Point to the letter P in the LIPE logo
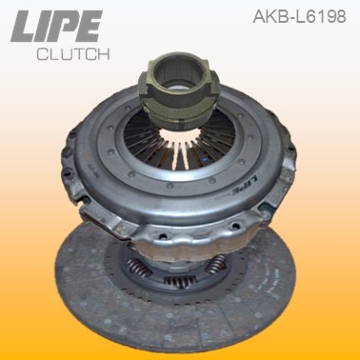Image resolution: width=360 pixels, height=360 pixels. (x=70, y=26)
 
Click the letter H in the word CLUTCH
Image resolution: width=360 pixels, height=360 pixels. (x=106, y=54)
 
